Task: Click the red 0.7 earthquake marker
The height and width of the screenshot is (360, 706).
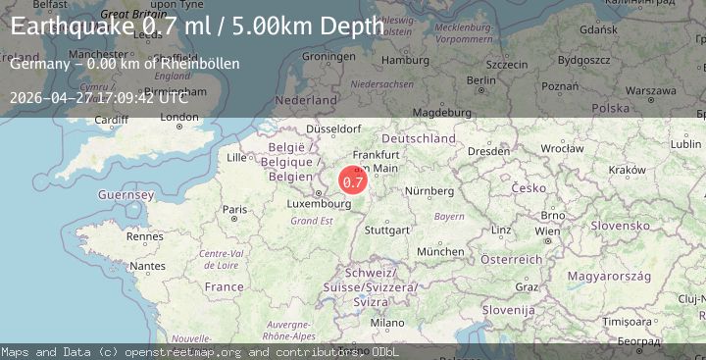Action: tap(353, 180)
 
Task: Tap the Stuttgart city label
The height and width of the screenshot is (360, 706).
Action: tap(386, 231)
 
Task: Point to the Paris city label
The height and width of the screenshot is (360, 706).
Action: tap(234, 209)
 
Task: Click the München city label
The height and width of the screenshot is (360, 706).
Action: tap(440, 251)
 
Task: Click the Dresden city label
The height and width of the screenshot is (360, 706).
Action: tap(487, 152)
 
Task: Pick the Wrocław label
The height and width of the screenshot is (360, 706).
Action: tap(561, 151)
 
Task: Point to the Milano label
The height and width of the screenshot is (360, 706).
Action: tap(386, 322)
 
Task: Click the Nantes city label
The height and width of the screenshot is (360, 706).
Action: tap(147, 265)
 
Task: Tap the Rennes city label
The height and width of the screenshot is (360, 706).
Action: tap(144, 236)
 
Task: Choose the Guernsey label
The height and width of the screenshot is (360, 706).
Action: tap(126, 195)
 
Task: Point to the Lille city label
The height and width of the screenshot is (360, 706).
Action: tap(236, 157)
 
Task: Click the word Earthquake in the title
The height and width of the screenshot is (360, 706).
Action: tap(73, 26)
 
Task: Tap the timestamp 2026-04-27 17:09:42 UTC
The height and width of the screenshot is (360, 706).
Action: tap(95, 98)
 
